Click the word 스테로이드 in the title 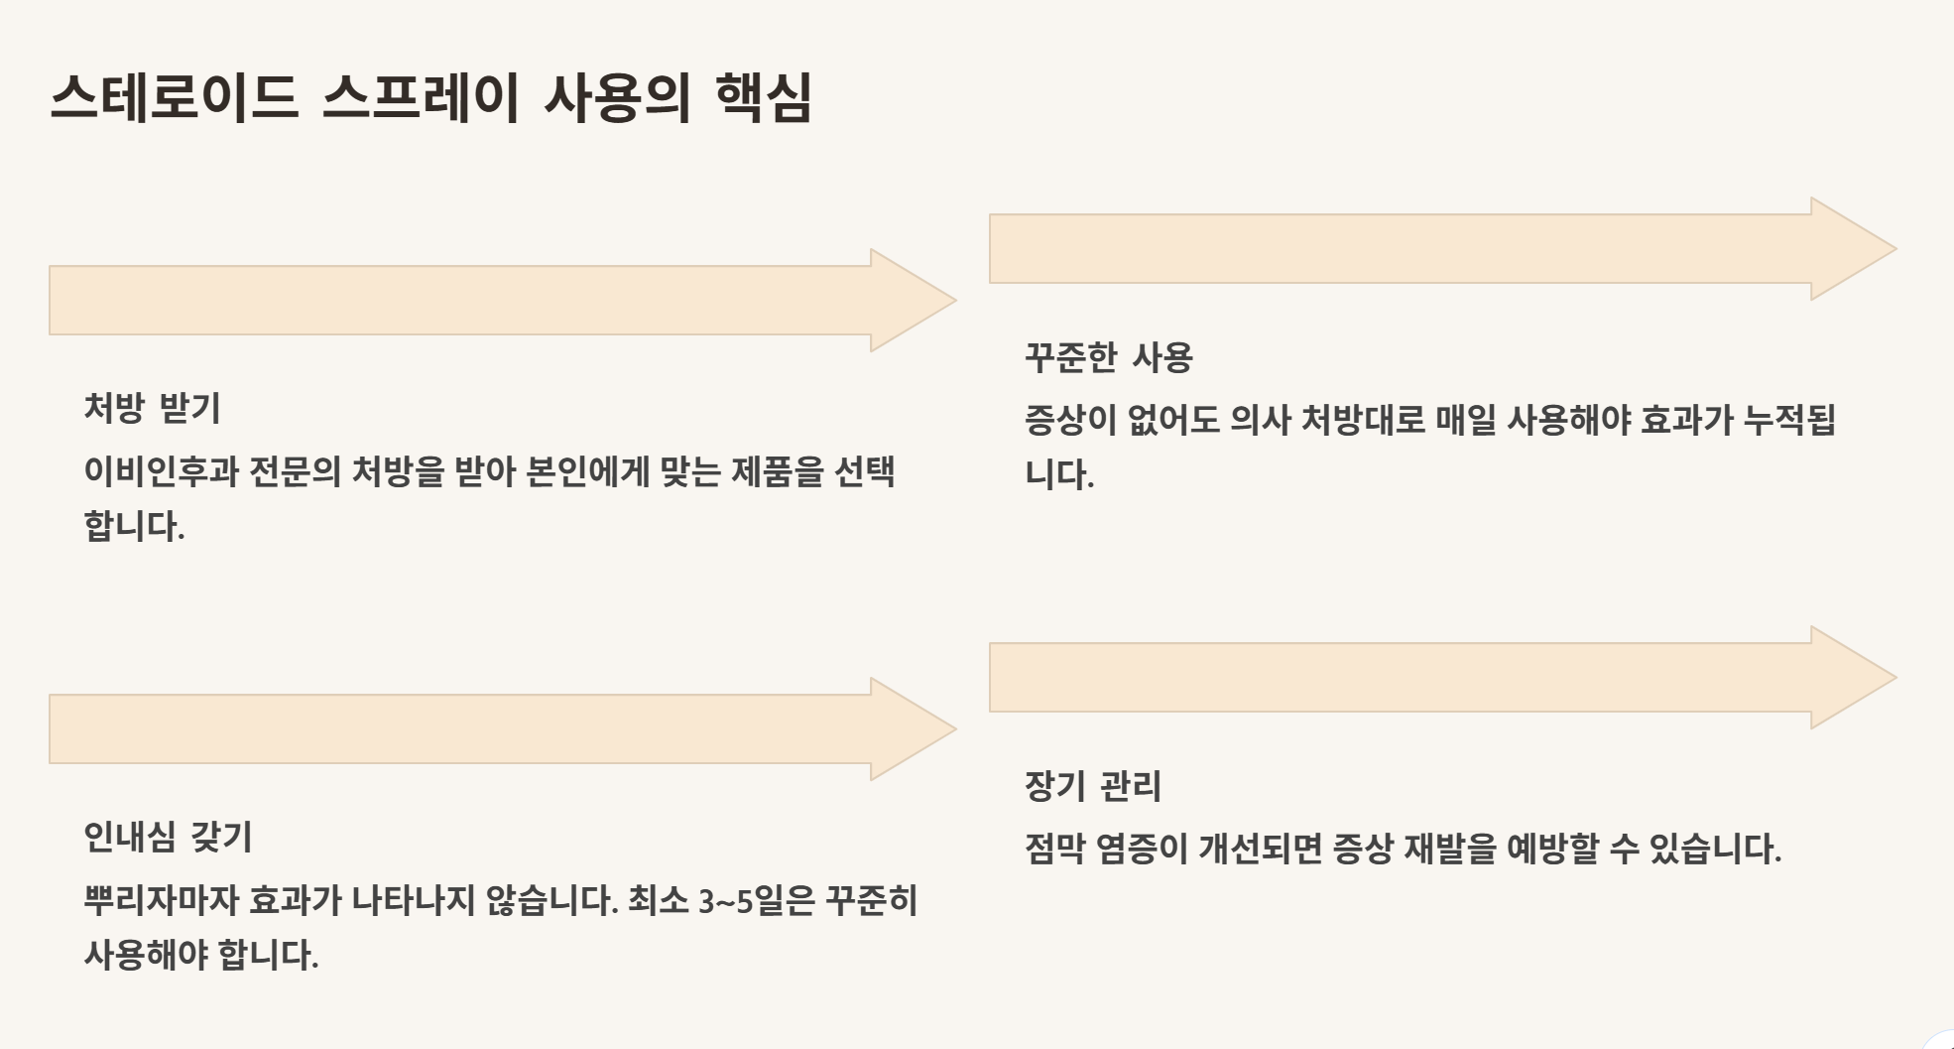point(174,98)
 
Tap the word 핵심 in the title point(763,98)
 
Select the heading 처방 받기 point(152,408)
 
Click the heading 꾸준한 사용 point(1108,357)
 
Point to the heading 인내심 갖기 point(168,837)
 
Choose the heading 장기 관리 point(1092,786)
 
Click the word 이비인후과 point(161,471)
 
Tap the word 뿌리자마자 point(161,901)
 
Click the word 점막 point(1054,850)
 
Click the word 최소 point(658,901)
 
